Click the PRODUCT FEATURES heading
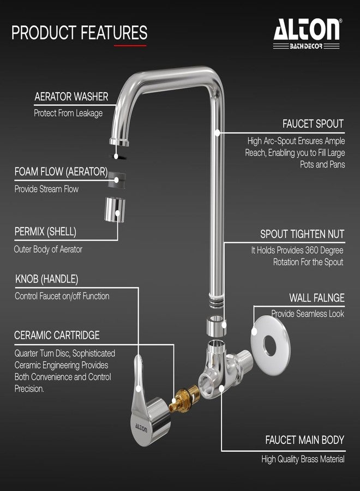79,33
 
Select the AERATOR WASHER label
71,97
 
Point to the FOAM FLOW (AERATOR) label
61,172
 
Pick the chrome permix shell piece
115,209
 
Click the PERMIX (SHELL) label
45,232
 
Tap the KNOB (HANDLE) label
47,279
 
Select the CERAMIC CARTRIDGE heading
57,335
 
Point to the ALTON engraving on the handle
141,427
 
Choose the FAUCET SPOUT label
313,124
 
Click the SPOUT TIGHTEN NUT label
302,234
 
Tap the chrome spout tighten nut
217,326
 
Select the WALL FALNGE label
317,297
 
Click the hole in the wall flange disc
270,346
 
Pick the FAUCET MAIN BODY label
304,440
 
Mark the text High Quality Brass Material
303,459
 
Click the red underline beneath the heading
130,46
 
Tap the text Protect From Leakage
68,113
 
